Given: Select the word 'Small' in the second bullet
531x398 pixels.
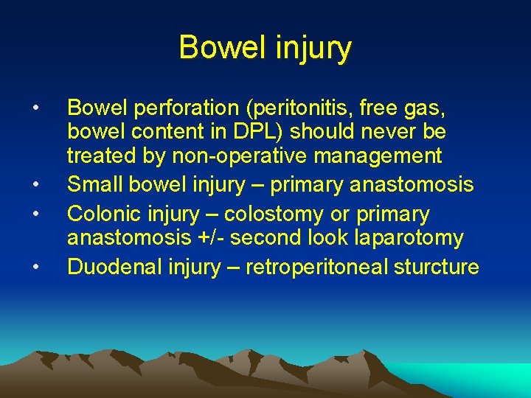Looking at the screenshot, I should click(91, 185).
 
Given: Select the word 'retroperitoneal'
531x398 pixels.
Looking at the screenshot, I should click(317, 266).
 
